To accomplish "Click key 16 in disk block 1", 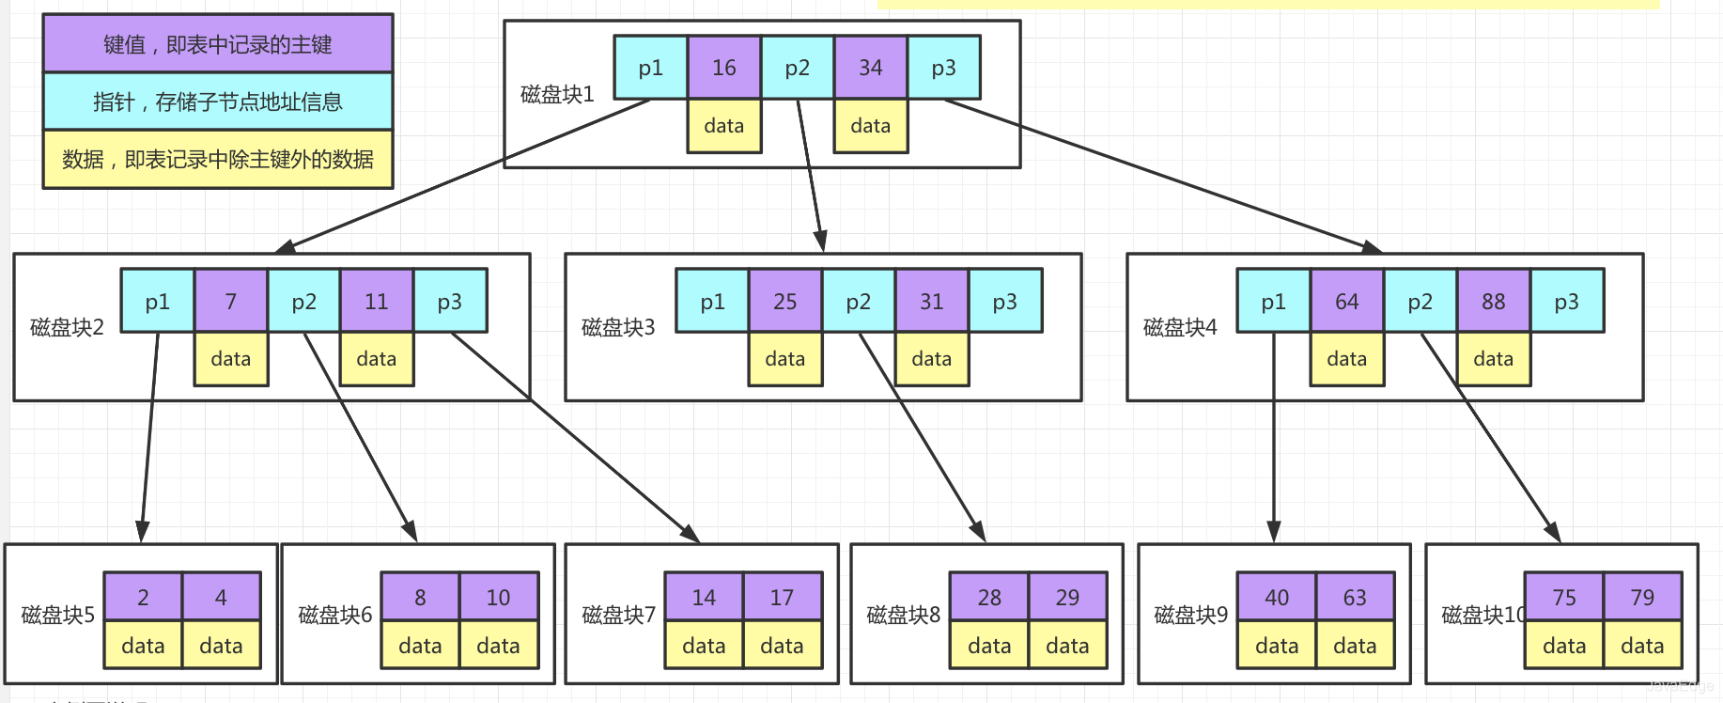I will click(x=723, y=68).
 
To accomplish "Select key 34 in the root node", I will click(x=870, y=68).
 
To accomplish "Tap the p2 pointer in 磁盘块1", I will click(x=797, y=68).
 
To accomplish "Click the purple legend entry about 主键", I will click(x=217, y=44).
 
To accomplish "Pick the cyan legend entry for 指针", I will click(x=217, y=102).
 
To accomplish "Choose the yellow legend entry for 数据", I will click(x=217, y=160).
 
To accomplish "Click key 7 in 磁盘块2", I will click(x=230, y=302).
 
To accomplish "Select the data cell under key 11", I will click(x=376, y=359).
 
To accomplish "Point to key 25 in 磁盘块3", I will click(x=784, y=302).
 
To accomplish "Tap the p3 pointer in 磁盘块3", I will click(x=1004, y=302).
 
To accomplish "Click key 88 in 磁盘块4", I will click(x=1493, y=302).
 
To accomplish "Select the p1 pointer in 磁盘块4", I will click(x=1273, y=302).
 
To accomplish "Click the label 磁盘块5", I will click(x=58, y=616).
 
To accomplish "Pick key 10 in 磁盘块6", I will click(x=498, y=598).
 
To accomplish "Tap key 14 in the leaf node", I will click(x=704, y=598).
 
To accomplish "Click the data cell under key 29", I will click(x=1067, y=646).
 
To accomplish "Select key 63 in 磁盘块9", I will click(x=1355, y=598).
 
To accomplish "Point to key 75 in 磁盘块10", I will click(x=1564, y=598).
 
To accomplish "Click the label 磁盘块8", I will click(x=903, y=616).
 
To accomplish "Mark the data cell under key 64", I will click(x=1346, y=359).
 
